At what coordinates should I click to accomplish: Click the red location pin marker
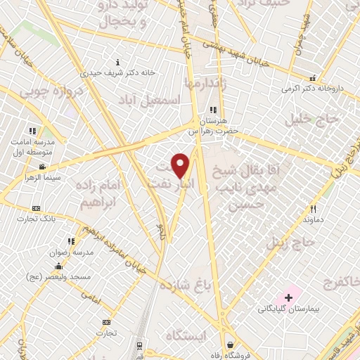coord(181,165)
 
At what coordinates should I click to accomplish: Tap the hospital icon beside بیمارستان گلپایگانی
coord(288,299)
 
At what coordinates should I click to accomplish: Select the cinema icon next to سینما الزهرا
coord(43,167)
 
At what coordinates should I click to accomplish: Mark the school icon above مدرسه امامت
coord(32,131)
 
